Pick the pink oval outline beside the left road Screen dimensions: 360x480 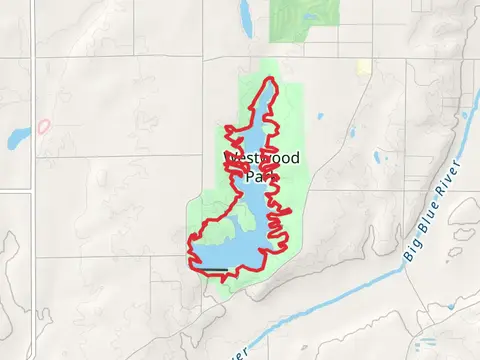coord(44,127)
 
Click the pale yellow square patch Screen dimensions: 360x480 coord(364,67)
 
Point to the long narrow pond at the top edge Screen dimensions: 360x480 coord(245,13)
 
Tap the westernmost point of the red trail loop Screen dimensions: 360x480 coord(189,239)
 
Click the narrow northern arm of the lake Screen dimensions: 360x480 coord(259,110)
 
